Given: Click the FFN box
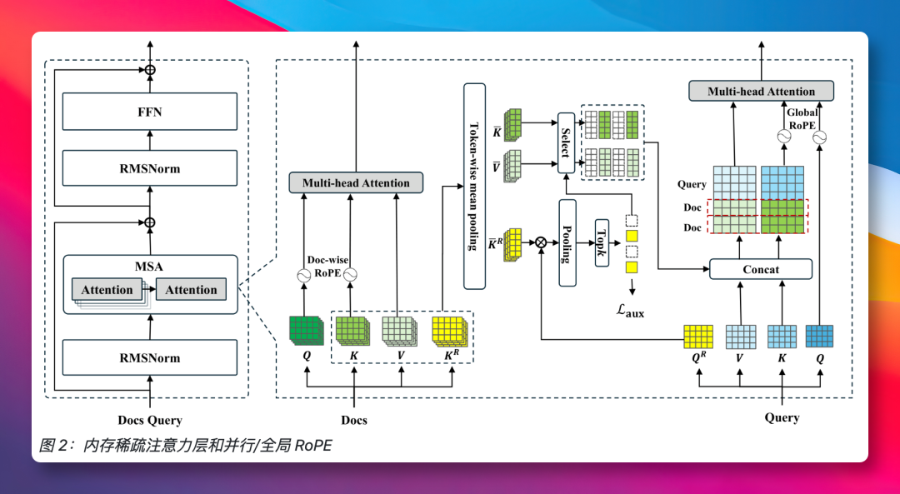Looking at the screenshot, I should coord(150,112).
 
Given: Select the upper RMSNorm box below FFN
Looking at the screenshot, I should coord(150,168).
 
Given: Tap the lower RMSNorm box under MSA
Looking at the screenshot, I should coord(150,358).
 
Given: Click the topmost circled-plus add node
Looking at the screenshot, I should coord(150,70).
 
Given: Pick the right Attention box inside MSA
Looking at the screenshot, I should coord(191,290).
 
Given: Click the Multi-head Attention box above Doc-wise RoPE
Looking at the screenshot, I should coord(356,182).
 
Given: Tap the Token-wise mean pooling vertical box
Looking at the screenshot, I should coord(474,186).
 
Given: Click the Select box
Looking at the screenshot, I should coord(566,141).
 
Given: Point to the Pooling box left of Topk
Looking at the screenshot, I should coord(567,242).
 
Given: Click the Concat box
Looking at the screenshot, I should coord(761,269).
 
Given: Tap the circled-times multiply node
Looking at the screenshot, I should coord(542,242).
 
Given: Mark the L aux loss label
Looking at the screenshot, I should coord(630,311).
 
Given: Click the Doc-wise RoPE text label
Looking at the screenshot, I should coord(327,266).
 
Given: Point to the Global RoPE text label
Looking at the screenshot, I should coord(802,118).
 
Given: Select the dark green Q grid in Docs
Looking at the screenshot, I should coord(305,330).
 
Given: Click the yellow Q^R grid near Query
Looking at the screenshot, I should coord(698,336).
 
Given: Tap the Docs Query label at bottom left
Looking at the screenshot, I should coord(150,420).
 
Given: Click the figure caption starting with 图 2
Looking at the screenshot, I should coord(185,446).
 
